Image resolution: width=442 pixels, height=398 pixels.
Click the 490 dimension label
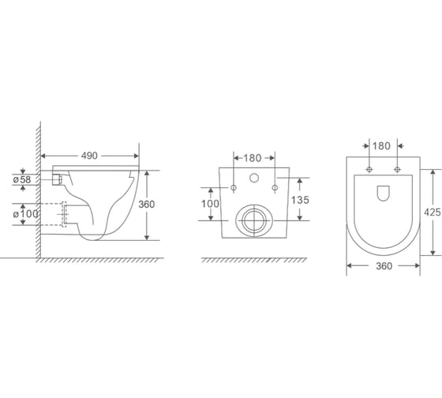(89, 156)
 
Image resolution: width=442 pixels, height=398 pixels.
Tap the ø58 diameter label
(22, 179)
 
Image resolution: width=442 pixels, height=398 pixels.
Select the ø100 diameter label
(25, 214)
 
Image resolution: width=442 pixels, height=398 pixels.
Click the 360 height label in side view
(147, 205)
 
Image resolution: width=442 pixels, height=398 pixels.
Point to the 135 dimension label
(300, 200)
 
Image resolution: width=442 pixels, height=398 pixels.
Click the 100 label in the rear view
(210, 204)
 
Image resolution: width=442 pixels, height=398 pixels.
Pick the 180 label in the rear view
(253, 158)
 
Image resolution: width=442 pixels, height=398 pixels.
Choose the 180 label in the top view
(381, 146)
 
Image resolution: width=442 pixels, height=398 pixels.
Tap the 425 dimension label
(433, 212)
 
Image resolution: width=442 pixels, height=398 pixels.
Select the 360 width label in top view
(384, 266)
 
